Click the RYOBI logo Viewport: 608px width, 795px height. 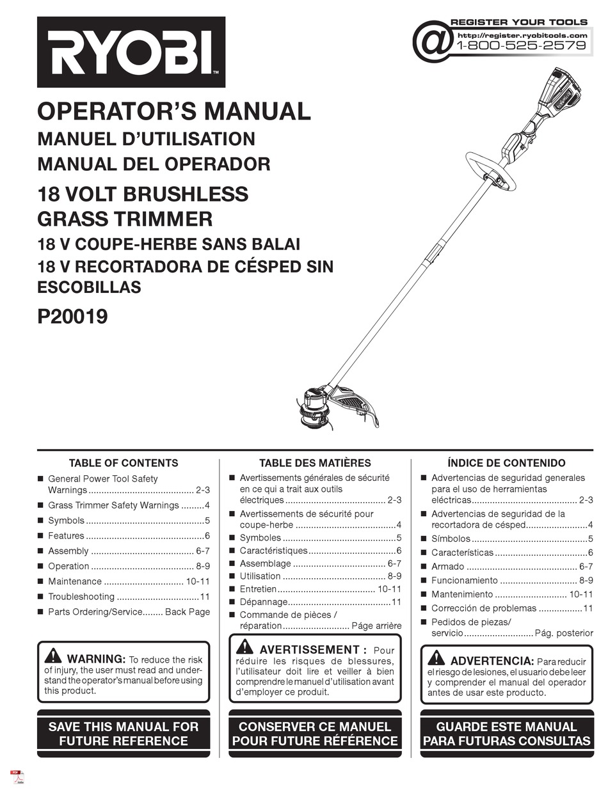[131, 52]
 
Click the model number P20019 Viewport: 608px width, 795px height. [72, 317]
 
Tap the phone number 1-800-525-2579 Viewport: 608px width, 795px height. [521, 46]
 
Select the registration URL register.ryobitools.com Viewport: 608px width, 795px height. [523, 35]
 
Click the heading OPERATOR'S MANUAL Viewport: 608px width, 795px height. [174, 111]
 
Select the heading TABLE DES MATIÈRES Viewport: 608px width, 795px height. [315, 462]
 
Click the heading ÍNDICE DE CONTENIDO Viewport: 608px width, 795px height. [506, 462]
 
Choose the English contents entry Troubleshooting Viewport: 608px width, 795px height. [81, 597]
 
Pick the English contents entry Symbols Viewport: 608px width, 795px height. [66, 521]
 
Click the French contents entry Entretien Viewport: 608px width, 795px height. [258, 589]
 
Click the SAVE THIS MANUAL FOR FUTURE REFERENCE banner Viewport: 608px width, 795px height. [124, 734]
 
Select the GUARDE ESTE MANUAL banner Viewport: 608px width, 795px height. [506, 734]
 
